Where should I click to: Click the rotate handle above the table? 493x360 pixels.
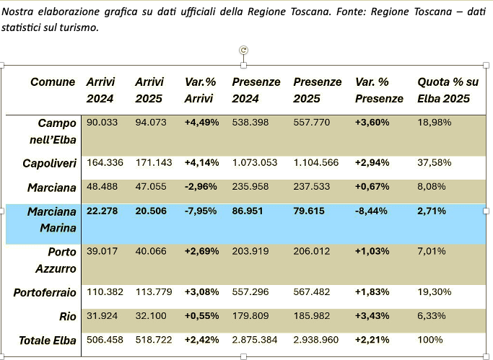pos(244,50)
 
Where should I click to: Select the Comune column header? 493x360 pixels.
pos(53,82)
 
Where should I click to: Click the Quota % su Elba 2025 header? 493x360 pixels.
pos(443,90)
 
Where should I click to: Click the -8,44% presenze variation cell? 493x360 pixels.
pos(372,211)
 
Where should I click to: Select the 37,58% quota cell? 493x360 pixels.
pos(435,163)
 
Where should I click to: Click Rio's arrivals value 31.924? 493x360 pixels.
pos(101,315)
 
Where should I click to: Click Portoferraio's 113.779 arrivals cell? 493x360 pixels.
pos(151,292)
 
